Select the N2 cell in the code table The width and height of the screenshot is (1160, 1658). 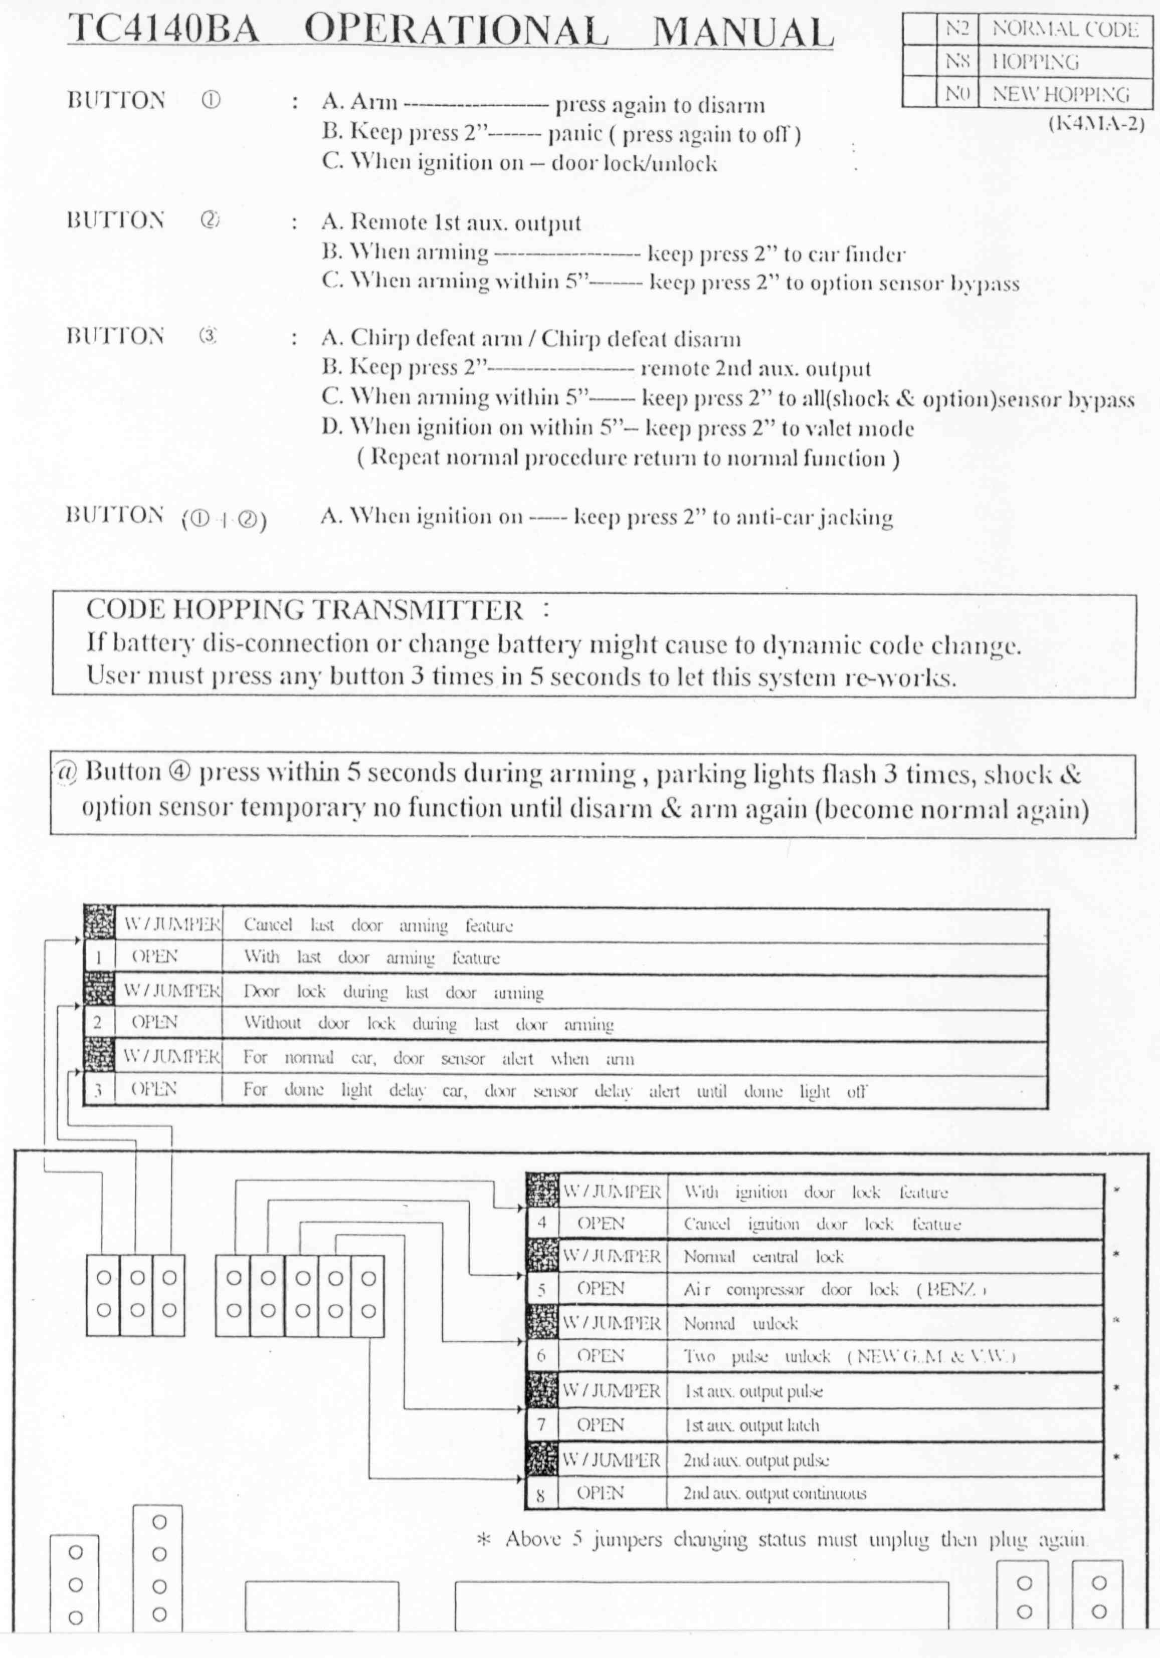(956, 29)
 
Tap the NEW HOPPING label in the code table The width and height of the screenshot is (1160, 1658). (1060, 94)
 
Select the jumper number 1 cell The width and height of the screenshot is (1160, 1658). (98, 958)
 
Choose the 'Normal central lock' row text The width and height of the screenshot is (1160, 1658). (763, 1257)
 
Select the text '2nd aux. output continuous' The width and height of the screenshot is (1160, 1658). (775, 1493)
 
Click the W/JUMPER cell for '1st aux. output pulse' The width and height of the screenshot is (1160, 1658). (611, 1391)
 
